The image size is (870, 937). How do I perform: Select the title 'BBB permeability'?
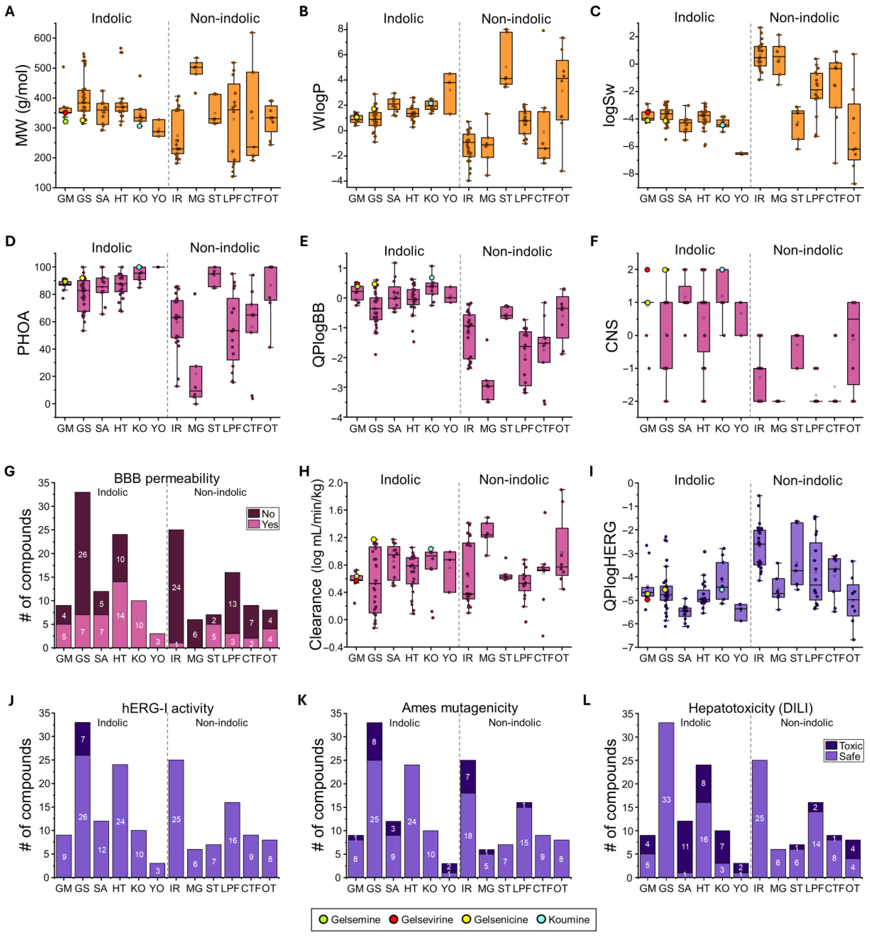tap(167, 479)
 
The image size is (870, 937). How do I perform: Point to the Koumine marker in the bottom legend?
tap(541, 919)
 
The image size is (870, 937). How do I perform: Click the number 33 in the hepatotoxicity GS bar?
tap(666, 799)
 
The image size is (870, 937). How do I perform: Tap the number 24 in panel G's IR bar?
tap(176, 587)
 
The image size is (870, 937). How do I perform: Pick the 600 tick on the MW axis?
tap(42, 38)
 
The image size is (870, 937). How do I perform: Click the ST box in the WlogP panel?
tap(506, 58)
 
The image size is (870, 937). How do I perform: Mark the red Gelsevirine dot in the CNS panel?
tap(647, 270)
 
